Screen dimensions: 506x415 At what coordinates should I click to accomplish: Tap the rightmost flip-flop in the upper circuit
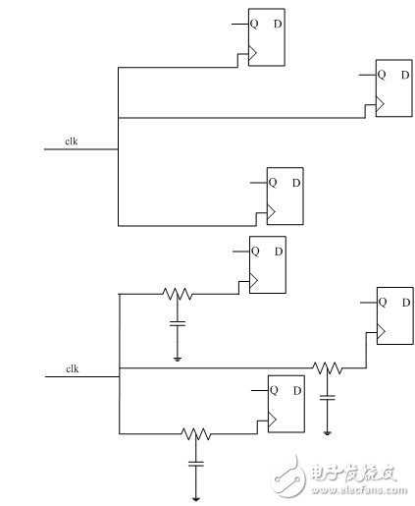point(393,88)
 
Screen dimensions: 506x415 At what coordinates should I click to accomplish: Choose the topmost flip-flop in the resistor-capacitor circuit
point(266,264)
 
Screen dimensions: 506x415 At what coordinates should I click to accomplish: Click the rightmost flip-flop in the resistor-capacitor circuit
point(394,314)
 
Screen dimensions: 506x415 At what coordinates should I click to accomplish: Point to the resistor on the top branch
point(178,294)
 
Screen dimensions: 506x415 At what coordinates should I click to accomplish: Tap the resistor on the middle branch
point(327,368)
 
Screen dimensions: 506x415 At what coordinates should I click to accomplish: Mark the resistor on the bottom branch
point(197,433)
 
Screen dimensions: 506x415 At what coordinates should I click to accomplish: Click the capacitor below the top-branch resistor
point(178,322)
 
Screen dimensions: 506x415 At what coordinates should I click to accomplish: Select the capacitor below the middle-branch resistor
point(327,397)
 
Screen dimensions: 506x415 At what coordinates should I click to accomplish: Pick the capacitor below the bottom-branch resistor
point(197,462)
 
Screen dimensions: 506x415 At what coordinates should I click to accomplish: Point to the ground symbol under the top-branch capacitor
point(178,359)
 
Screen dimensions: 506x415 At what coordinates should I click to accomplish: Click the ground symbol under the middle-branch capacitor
point(327,432)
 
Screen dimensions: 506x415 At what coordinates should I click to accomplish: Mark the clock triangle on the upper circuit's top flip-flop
point(252,56)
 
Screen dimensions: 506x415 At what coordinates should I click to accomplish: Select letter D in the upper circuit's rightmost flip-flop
point(404,75)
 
